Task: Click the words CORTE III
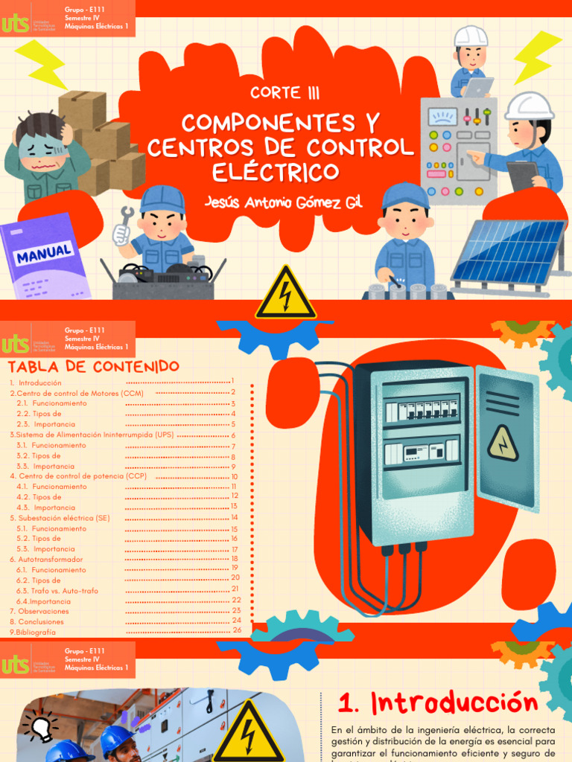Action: click(285, 93)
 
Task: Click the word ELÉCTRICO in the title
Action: click(276, 172)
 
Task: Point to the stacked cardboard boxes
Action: click(104, 141)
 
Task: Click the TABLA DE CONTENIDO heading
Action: click(93, 366)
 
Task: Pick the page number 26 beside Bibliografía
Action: click(237, 630)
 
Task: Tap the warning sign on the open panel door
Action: click(503, 443)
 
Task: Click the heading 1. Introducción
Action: click(437, 702)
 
